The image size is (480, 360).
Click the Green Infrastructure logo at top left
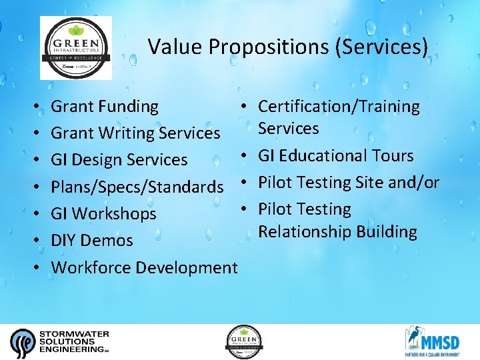76,48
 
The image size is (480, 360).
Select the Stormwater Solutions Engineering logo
60,341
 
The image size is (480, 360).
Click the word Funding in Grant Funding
129,107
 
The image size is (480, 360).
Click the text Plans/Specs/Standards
137,187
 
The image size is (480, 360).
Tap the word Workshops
113,214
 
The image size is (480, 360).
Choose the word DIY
65,241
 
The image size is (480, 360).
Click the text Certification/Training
339,107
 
